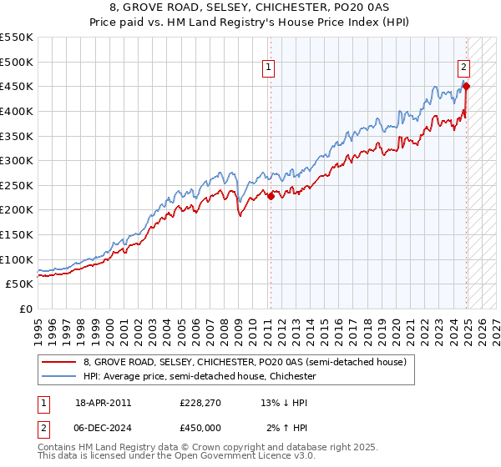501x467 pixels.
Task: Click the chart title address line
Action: pyautogui.click(x=250, y=8)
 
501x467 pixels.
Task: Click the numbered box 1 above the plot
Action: pyautogui.click(x=269, y=69)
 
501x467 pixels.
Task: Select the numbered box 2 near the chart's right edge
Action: pyautogui.click(x=463, y=69)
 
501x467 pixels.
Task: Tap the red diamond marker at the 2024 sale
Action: pyautogui.click(x=466, y=86)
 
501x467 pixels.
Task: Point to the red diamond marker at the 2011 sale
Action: pyautogui.click(x=270, y=196)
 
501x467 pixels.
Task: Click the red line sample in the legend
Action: pyautogui.click(x=58, y=363)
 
